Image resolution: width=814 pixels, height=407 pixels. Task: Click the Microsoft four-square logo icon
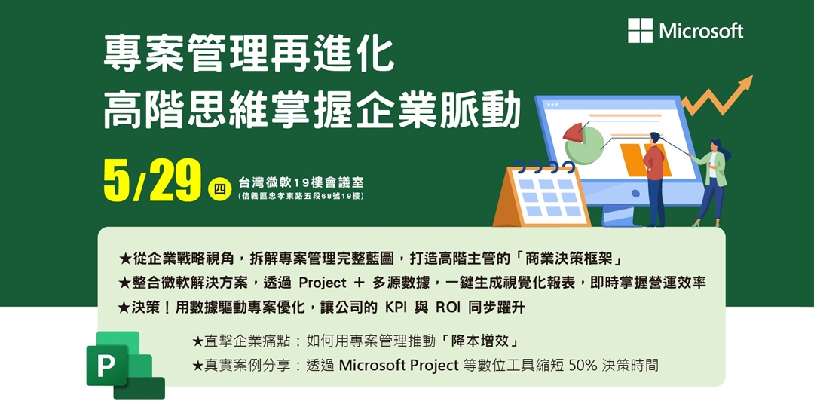click(x=640, y=31)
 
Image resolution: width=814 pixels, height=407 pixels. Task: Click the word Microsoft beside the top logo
click(x=702, y=31)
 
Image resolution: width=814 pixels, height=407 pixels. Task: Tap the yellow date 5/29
click(x=152, y=181)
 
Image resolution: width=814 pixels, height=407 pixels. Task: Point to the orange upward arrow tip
click(x=751, y=76)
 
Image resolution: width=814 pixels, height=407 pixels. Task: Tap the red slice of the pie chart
click(x=573, y=132)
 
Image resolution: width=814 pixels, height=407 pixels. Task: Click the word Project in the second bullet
click(x=323, y=283)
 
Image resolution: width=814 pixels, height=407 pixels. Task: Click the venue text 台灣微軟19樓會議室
click(x=301, y=183)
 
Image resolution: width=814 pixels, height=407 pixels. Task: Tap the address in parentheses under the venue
click(x=301, y=196)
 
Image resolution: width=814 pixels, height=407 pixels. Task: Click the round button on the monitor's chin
click(x=635, y=193)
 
